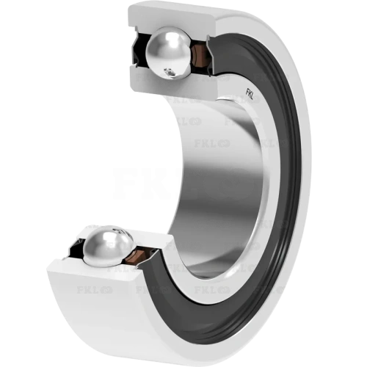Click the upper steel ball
click(x=168, y=53)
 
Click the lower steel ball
click(x=108, y=246)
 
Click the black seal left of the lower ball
click(x=76, y=248)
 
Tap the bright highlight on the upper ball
click(x=161, y=46)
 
